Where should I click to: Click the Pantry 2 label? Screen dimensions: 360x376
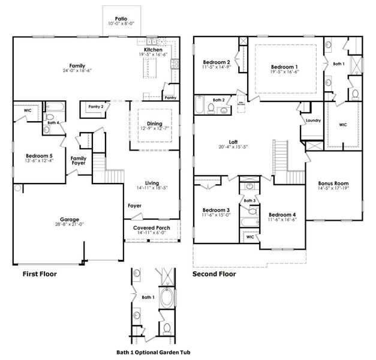96,106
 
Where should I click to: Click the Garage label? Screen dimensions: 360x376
70,219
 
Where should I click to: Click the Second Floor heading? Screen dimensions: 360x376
213,274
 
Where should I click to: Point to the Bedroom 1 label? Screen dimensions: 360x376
284,67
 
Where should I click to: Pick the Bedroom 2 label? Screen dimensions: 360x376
216,62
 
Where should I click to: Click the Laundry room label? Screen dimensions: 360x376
312,120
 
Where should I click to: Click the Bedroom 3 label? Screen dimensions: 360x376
216,210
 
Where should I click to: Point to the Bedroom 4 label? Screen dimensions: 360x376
281,215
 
